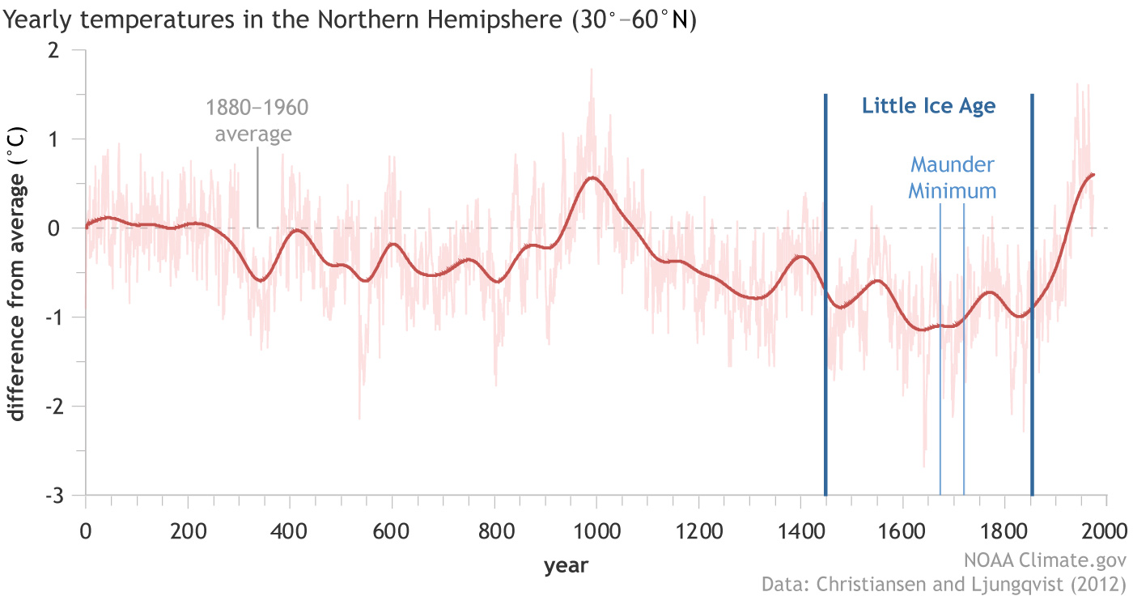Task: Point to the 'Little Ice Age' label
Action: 928,106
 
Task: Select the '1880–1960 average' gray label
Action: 257,120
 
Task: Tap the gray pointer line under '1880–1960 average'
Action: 257,186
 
